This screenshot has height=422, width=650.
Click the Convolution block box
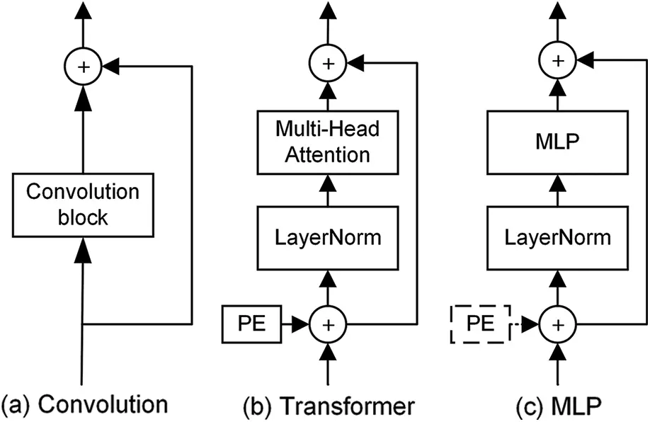[x=83, y=205]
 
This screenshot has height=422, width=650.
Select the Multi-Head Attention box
[x=327, y=142]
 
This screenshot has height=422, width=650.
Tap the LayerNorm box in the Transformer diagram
[x=327, y=238]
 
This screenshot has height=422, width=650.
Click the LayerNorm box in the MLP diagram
[x=559, y=238]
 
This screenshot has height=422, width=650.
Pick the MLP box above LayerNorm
[x=559, y=142]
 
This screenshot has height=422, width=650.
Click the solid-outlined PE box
[x=251, y=324]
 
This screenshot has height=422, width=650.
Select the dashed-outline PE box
[x=480, y=324]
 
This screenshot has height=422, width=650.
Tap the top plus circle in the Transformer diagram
[x=327, y=63]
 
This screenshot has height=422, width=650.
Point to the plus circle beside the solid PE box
[x=327, y=324]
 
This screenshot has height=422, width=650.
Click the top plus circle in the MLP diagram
[x=559, y=62]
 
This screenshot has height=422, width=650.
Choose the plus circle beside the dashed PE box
[x=559, y=324]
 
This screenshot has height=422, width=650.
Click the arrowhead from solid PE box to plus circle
[x=300, y=324]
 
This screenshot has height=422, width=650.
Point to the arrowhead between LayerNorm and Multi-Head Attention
[x=327, y=185]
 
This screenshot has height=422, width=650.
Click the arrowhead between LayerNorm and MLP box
[x=559, y=185]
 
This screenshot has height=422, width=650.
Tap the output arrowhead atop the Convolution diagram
[x=84, y=10]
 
